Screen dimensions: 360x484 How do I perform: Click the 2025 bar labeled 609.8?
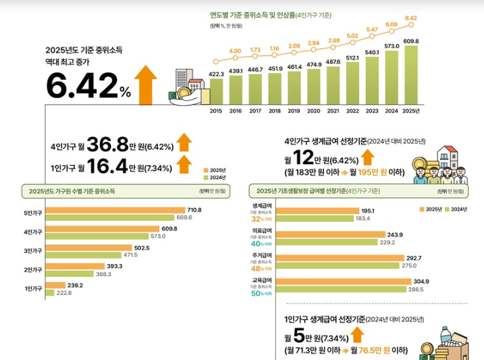point(410,74)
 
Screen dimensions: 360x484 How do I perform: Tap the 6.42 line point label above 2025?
point(410,18)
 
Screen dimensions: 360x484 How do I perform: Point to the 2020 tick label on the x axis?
point(313,111)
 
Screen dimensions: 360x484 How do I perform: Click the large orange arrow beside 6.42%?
point(145,83)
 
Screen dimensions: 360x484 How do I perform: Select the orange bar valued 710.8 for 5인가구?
point(114,210)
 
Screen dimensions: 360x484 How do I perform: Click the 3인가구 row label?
point(32,251)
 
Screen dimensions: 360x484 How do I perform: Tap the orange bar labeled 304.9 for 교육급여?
point(344,282)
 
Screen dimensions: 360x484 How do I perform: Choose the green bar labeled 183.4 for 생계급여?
point(317,218)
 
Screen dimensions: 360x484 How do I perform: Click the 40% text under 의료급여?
point(257,244)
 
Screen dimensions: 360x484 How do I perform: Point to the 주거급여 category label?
point(262,255)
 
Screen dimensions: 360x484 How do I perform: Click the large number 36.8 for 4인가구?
point(107,145)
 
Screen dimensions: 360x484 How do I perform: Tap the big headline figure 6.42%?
point(88,86)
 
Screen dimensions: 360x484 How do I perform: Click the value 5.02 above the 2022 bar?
point(352,36)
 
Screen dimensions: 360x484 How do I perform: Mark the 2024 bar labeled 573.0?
point(391,76)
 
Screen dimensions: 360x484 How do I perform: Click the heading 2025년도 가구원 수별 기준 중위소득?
point(72,191)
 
